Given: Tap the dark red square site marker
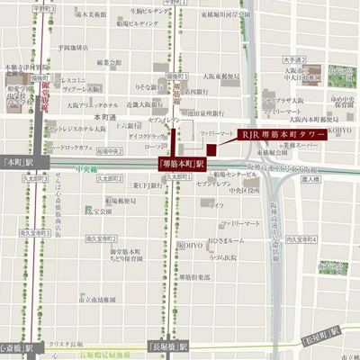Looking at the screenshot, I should (x=213, y=149).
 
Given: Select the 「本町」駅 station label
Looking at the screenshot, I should (x=18, y=163).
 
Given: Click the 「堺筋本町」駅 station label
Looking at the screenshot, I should (x=182, y=165).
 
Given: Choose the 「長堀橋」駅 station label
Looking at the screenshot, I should (x=168, y=346).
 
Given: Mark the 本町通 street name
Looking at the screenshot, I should (x=106, y=117).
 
